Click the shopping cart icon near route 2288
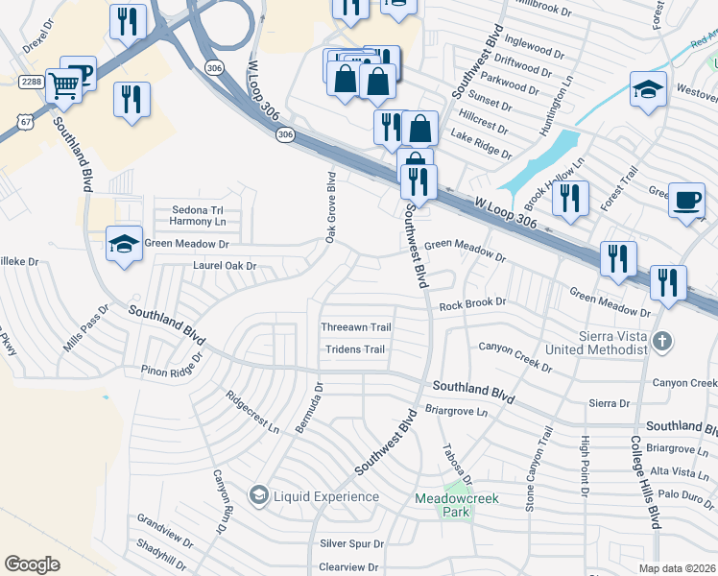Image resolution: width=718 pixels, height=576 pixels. pyautogui.click(x=63, y=85)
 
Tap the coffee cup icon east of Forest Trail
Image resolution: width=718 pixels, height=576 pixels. pyautogui.click(x=685, y=200)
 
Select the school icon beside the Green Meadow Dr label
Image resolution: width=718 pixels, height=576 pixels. pyautogui.click(x=124, y=245)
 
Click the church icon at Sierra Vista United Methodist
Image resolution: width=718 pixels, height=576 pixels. pyautogui.click(x=661, y=341)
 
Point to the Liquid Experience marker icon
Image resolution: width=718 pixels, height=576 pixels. pyautogui.click(x=258, y=495)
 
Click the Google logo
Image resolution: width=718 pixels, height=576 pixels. pyautogui.click(x=32, y=564)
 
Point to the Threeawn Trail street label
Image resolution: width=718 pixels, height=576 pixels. pyautogui.click(x=355, y=327)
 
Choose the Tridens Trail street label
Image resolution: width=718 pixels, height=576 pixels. pyautogui.click(x=355, y=349)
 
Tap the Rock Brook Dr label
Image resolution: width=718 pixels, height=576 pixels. pyautogui.click(x=472, y=304)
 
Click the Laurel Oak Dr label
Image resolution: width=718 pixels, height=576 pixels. pyautogui.click(x=225, y=266)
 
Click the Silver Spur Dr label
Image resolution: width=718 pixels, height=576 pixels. pyautogui.click(x=351, y=543)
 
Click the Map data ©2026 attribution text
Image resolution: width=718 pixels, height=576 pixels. pyautogui.click(x=676, y=568)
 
